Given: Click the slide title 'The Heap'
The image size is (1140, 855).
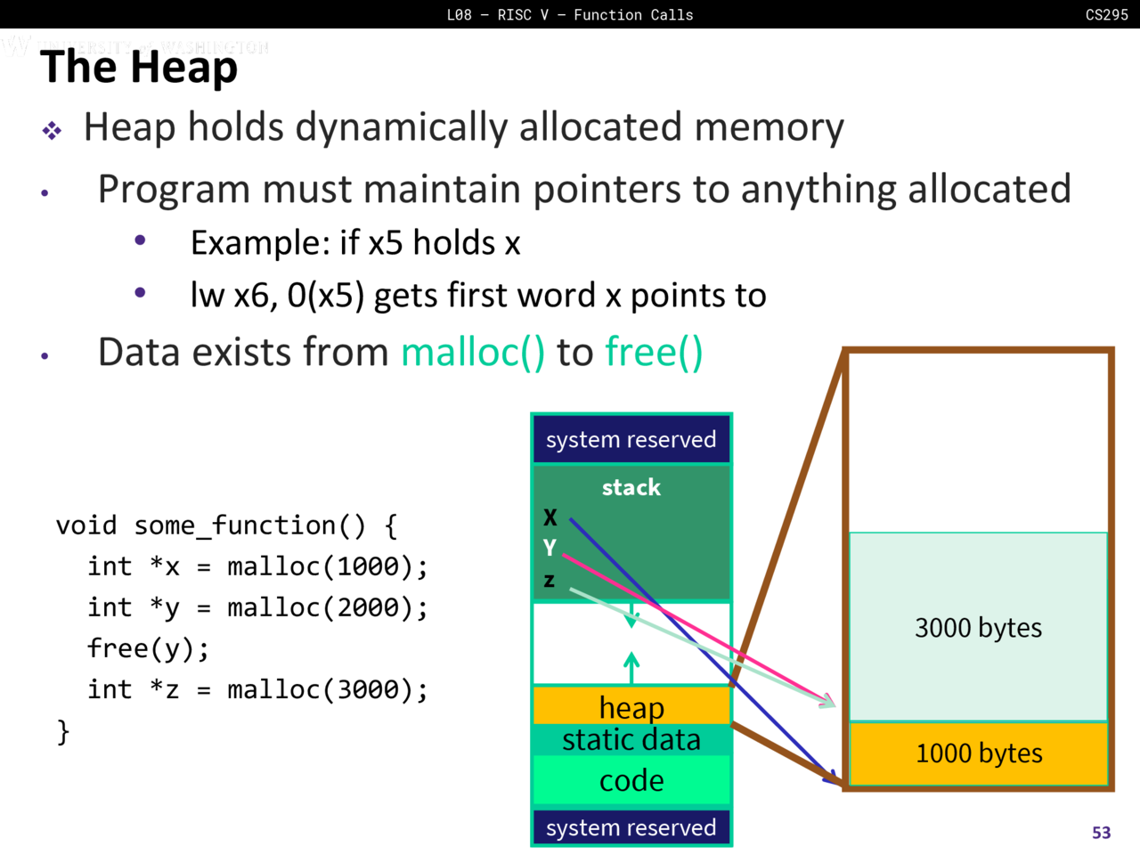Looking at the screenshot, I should pyautogui.click(x=139, y=68).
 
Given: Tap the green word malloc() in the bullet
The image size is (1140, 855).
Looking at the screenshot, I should pyautogui.click(x=472, y=353).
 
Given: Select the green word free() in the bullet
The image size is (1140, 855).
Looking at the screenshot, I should pyautogui.click(x=654, y=353).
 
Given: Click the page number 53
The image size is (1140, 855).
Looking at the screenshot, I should pyautogui.click(x=1102, y=833).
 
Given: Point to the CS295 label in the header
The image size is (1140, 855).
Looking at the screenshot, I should pyautogui.click(x=1106, y=14).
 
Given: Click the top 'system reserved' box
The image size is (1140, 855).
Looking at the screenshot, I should pyautogui.click(x=631, y=439).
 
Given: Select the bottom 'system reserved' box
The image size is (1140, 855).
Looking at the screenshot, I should pyautogui.click(x=631, y=827).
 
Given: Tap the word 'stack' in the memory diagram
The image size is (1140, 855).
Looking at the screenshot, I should pyautogui.click(x=631, y=487).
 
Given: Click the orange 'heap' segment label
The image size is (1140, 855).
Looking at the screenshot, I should pyautogui.click(x=631, y=707).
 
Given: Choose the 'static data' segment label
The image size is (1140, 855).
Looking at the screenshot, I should pyautogui.click(x=631, y=740).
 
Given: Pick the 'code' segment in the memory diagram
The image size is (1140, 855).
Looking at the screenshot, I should pyautogui.click(x=631, y=780).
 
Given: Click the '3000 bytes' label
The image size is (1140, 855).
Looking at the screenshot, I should pyautogui.click(x=978, y=628).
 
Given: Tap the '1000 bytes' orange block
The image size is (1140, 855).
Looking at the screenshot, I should pyautogui.click(x=979, y=753).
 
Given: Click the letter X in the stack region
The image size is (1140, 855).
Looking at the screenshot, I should pyautogui.click(x=550, y=517).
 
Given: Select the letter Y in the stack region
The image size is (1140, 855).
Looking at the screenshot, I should pyautogui.click(x=550, y=548).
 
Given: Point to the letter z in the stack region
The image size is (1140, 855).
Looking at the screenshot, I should pyautogui.click(x=550, y=581).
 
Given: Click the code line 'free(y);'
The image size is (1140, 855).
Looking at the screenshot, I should pyautogui.click(x=148, y=648).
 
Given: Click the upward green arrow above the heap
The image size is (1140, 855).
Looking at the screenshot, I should pyautogui.click(x=631, y=666).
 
